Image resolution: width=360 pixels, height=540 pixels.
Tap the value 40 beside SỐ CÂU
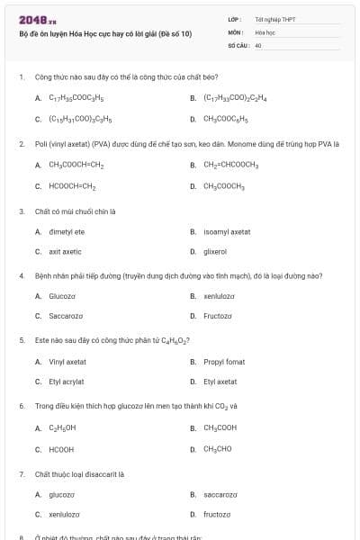258,44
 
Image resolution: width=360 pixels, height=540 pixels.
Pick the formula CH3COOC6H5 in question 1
225,118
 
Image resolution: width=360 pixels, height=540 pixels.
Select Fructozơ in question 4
218,316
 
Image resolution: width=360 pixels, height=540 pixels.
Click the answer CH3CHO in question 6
218,448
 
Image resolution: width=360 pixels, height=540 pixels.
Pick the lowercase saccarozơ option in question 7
220,494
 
